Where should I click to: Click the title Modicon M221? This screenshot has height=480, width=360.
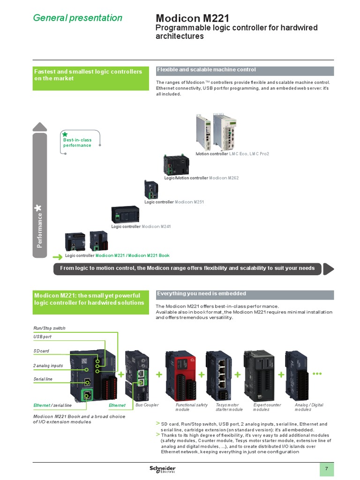click(192, 18)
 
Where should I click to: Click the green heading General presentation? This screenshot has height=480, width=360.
click(77, 18)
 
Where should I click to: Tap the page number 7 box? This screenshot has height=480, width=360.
click(327, 469)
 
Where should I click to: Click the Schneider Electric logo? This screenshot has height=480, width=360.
click(162, 469)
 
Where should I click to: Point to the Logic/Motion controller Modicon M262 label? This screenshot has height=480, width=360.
click(201, 178)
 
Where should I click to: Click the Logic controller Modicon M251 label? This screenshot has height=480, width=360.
click(174, 202)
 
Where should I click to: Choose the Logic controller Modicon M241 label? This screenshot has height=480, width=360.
click(141, 226)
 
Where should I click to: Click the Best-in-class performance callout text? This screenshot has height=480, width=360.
click(77, 142)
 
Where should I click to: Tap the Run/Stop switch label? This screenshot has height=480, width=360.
click(49, 328)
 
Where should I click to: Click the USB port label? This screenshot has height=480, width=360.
click(42, 337)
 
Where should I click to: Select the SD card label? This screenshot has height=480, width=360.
click(41, 351)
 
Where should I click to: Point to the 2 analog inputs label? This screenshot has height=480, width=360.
click(48, 366)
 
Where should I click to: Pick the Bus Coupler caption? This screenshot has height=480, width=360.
click(147, 405)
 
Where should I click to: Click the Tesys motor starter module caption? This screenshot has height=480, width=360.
click(229, 407)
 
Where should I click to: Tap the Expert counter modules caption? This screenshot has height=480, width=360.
click(267, 407)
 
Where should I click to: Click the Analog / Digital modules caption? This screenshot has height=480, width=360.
click(309, 407)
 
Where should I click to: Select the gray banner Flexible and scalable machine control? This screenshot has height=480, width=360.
click(245, 70)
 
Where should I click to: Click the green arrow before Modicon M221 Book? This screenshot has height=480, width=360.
click(57, 256)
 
